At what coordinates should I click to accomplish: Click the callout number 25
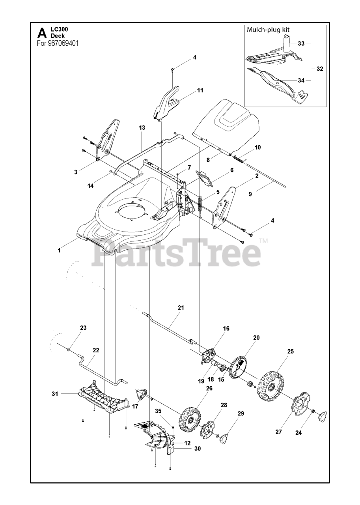pyautogui.click(x=291, y=351)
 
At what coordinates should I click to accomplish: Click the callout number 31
pyautogui.click(x=55, y=393)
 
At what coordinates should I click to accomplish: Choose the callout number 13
pyautogui.click(x=142, y=128)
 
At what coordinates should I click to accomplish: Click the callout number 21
pyautogui.click(x=181, y=307)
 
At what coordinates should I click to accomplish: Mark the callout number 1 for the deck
pyautogui.click(x=59, y=250)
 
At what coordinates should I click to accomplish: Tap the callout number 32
pyautogui.click(x=319, y=69)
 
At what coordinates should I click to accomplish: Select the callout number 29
pyautogui.click(x=241, y=413)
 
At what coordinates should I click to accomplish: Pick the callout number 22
pyautogui.click(x=96, y=350)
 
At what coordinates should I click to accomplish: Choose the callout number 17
pyautogui.click(x=135, y=406)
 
